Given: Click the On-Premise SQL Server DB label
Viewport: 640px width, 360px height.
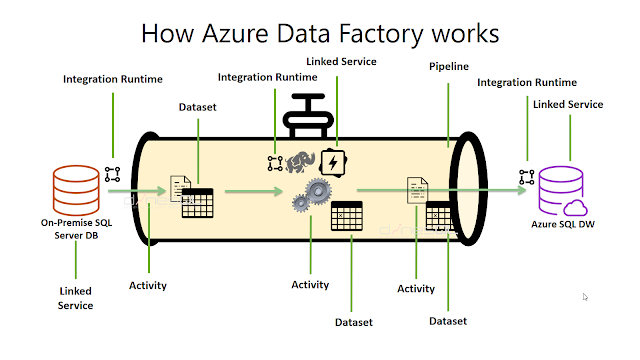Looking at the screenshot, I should coord(76,227).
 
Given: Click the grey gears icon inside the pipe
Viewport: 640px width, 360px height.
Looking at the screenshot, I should coord(313,193).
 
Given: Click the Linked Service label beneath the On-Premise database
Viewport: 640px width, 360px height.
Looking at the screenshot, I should coord(75,297).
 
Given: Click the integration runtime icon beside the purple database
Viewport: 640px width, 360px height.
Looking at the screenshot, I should coord(526,177).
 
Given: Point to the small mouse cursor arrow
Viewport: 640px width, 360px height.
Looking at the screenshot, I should coord(585,296).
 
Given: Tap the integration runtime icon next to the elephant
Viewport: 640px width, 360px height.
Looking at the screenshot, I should coord(275,160).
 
